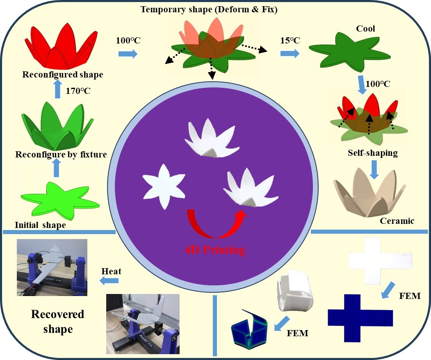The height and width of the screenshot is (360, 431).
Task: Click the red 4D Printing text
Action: point(215,249)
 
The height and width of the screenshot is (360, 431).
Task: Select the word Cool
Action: point(366,30)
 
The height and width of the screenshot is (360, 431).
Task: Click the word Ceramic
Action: point(397,221)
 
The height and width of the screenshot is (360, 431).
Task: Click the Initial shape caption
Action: point(40,225)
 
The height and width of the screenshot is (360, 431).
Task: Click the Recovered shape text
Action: point(57,321)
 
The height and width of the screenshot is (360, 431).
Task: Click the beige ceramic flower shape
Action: point(371,193)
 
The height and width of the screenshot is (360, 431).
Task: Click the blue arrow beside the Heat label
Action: point(109,281)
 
